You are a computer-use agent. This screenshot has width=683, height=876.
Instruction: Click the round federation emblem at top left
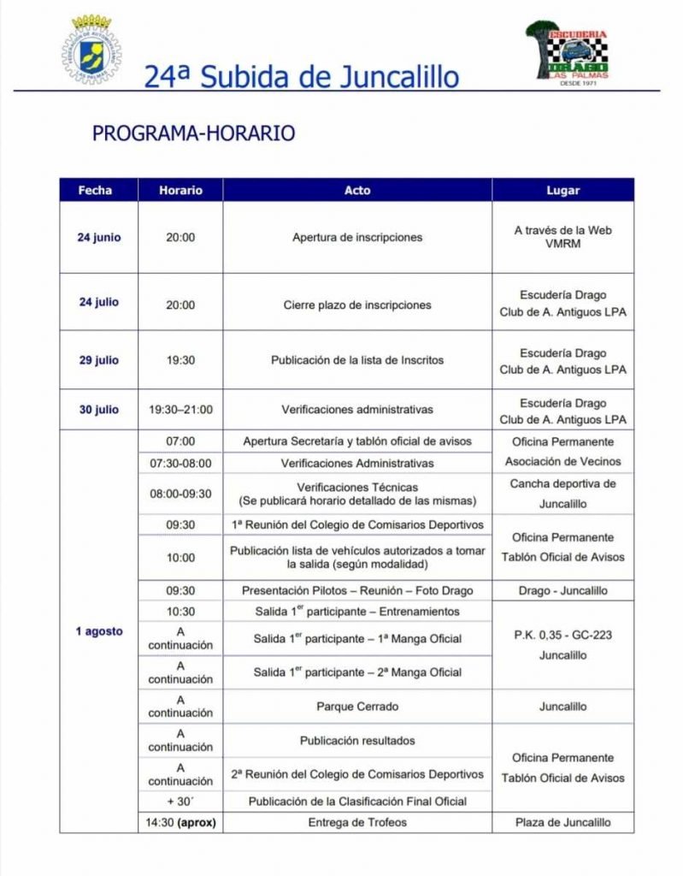click(x=90, y=50)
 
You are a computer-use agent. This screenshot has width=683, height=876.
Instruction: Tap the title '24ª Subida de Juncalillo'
click(x=301, y=77)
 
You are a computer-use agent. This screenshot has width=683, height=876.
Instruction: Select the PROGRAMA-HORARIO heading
click(x=193, y=133)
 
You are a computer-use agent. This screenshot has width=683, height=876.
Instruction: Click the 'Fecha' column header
click(x=95, y=190)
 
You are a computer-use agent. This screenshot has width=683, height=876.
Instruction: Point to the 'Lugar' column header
click(x=562, y=190)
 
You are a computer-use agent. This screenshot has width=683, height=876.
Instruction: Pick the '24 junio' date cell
click(x=98, y=237)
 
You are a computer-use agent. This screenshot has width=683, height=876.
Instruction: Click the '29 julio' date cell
click(x=98, y=360)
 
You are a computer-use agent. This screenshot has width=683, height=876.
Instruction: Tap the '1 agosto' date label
click(x=98, y=631)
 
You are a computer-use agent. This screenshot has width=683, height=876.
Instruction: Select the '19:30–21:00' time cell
click(x=180, y=410)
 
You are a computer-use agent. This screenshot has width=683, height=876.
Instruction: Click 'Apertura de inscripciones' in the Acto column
click(x=357, y=237)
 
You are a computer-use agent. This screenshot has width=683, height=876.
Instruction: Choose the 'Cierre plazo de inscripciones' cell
click(x=357, y=305)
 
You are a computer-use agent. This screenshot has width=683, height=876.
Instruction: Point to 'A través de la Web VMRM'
click(x=562, y=237)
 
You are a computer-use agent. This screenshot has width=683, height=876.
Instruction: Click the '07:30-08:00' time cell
click(x=180, y=463)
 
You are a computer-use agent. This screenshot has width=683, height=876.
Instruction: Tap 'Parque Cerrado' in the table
click(x=357, y=707)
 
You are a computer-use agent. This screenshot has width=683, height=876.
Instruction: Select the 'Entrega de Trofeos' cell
click(x=357, y=822)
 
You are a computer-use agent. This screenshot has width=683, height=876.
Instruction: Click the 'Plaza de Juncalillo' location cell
click(x=562, y=822)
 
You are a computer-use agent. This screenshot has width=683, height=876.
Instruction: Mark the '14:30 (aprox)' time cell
click(x=180, y=822)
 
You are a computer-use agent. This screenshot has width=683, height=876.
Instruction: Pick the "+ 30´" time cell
click(x=180, y=802)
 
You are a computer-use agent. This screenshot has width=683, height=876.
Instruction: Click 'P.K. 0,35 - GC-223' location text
click(x=562, y=635)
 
